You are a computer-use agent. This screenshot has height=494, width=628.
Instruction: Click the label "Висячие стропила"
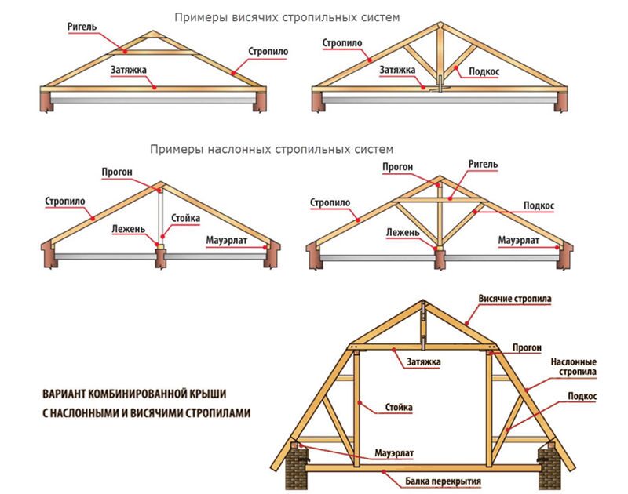tap(514, 300)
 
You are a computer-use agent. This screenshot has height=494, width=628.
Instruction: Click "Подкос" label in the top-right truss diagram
tap(485, 71)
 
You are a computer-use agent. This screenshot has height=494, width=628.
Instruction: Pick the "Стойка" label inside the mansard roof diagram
tap(399, 408)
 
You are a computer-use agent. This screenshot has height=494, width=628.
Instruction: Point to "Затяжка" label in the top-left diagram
tap(130, 68)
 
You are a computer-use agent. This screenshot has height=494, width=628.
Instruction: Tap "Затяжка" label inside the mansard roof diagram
tap(423, 362)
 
